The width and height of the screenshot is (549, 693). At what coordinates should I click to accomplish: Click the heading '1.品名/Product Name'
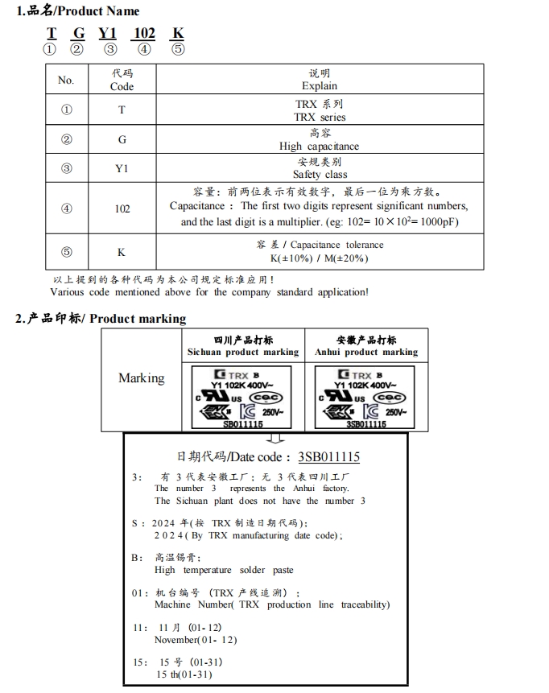(78, 11)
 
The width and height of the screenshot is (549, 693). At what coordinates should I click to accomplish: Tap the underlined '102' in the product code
(144, 34)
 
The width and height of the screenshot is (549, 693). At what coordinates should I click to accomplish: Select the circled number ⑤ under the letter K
(178, 50)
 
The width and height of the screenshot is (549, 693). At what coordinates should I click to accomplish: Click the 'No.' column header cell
(66, 80)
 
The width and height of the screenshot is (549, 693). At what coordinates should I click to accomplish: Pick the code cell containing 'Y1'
(122, 169)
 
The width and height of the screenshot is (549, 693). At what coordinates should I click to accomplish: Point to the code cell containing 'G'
(122, 139)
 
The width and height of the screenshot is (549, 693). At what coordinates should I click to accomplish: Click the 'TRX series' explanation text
(320, 117)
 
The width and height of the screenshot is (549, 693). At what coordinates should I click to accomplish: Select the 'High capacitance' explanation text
(320, 146)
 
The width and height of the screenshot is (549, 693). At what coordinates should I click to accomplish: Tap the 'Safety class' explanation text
(320, 175)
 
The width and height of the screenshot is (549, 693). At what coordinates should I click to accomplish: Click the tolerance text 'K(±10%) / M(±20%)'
(320, 258)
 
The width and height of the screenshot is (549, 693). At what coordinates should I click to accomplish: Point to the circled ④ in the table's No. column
(66, 208)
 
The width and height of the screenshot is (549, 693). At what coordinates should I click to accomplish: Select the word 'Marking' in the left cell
(141, 377)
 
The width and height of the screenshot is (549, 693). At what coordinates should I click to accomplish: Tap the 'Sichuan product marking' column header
(243, 352)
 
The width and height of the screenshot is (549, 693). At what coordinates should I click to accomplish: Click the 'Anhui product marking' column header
(366, 352)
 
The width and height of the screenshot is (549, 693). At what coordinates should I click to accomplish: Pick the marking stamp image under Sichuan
(242, 396)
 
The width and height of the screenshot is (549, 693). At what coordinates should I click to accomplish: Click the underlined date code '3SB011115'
(328, 457)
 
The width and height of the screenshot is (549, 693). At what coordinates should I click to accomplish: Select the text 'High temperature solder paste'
(224, 570)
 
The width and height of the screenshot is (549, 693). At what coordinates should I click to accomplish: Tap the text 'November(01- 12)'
(196, 640)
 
